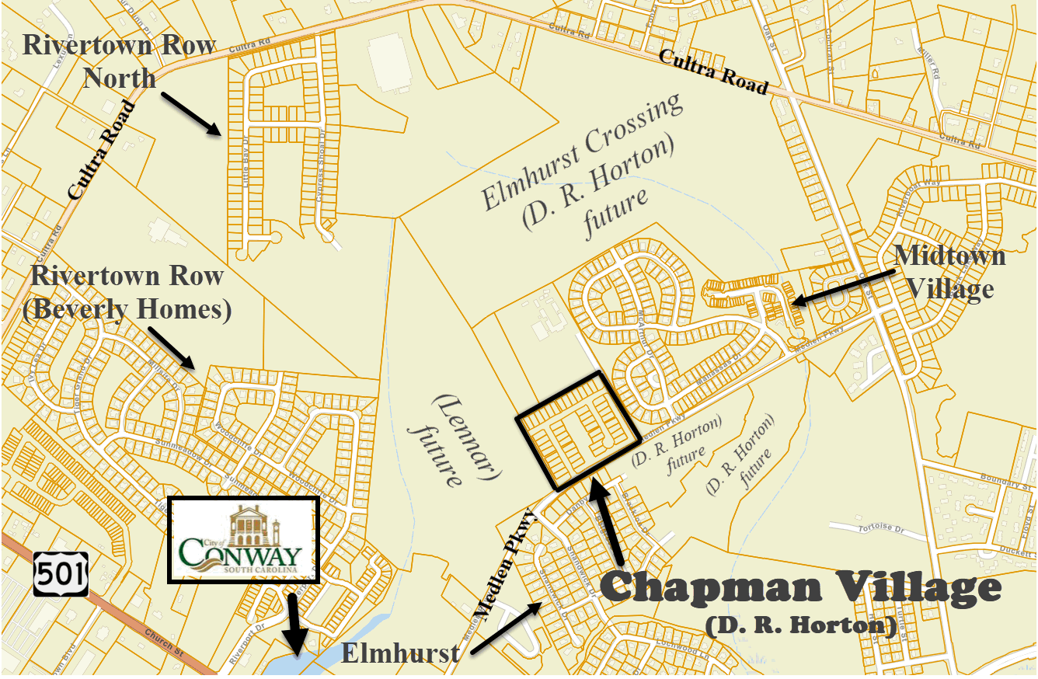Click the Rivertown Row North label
click(x=119, y=61)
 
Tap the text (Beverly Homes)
click(x=127, y=310)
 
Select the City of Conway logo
click(x=243, y=540)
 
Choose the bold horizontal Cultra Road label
click(x=713, y=71)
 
